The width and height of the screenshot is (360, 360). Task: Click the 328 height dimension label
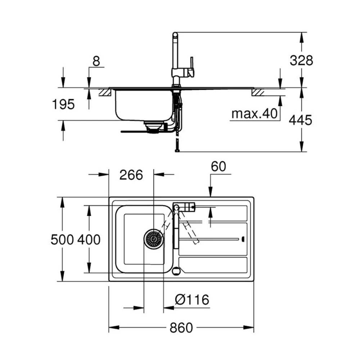pos(301,60)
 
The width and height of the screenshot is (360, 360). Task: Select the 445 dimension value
pos(301,120)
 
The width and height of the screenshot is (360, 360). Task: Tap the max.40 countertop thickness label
pos(255,114)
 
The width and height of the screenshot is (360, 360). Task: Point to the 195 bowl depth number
pos(63,104)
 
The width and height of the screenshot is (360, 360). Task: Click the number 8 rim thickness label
pos(96,61)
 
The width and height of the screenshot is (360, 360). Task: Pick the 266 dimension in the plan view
pos(131,175)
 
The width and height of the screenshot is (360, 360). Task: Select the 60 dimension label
pos(218,166)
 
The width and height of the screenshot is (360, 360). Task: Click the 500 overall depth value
pos(62,239)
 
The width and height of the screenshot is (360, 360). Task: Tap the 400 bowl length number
pos(89,239)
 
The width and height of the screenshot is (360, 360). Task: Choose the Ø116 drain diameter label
pos(192,300)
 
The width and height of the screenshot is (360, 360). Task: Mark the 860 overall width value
pos(181,328)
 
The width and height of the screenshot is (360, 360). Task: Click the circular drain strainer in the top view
pos(153,239)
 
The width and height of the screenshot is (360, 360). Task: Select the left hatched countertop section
pos(104,93)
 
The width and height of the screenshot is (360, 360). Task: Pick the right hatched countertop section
pos(258,93)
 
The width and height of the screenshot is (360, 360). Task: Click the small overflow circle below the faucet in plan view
pos(176,271)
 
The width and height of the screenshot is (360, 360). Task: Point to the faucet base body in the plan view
pos(184,207)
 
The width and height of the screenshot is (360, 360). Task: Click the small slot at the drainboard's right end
pos(244,239)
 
